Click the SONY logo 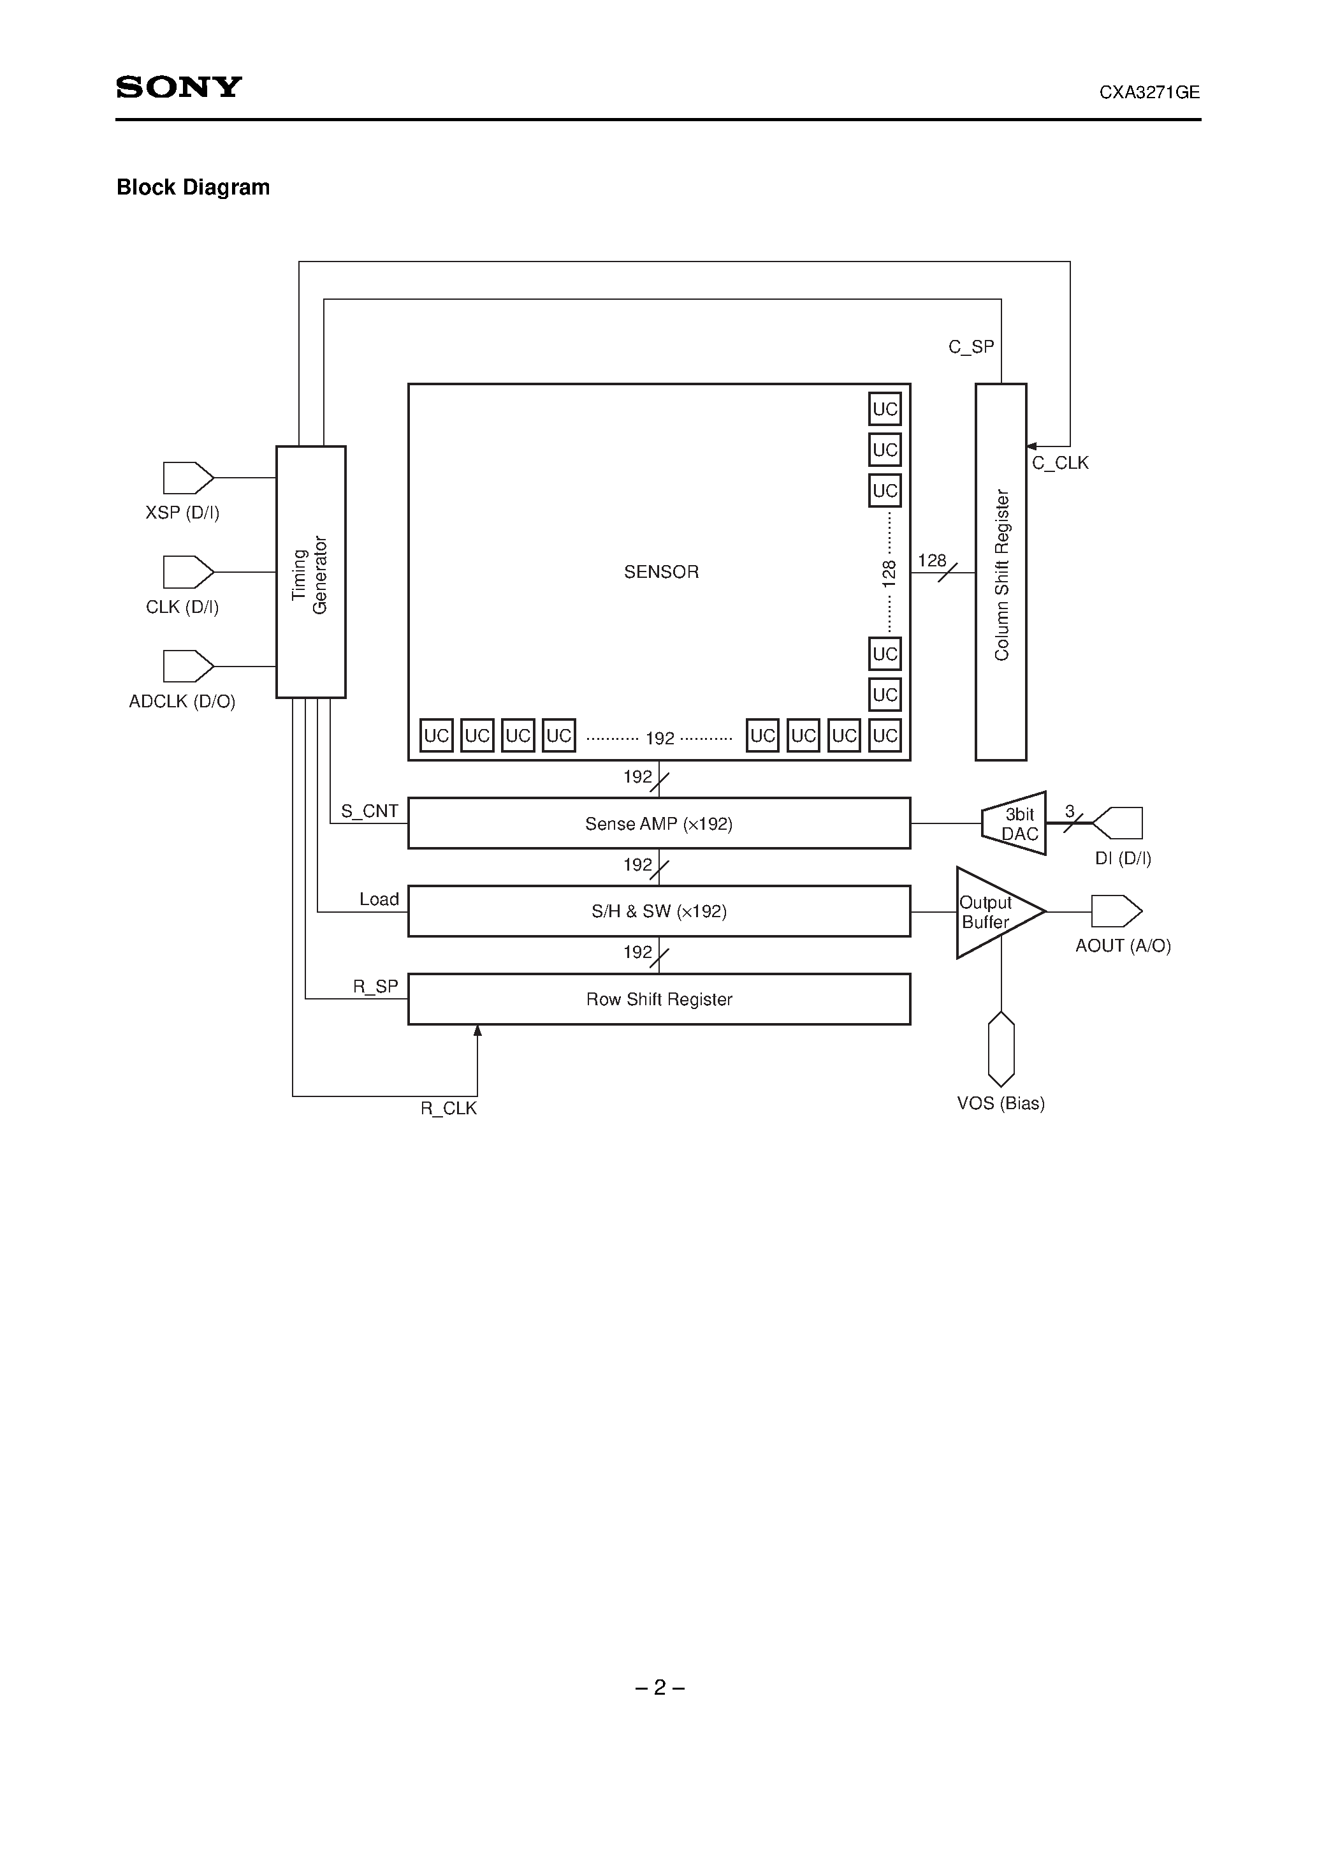[178, 87]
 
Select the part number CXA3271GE [1149, 92]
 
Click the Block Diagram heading [193, 188]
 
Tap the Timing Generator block [310, 572]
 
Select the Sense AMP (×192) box [658, 823]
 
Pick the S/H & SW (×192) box [658, 911]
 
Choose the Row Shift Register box [658, 999]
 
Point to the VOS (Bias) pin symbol [1001, 1049]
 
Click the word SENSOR [661, 572]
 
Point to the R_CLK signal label [448, 1109]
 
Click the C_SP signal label [971, 347]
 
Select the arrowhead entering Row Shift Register [477, 1031]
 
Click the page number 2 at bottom [659, 1688]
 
